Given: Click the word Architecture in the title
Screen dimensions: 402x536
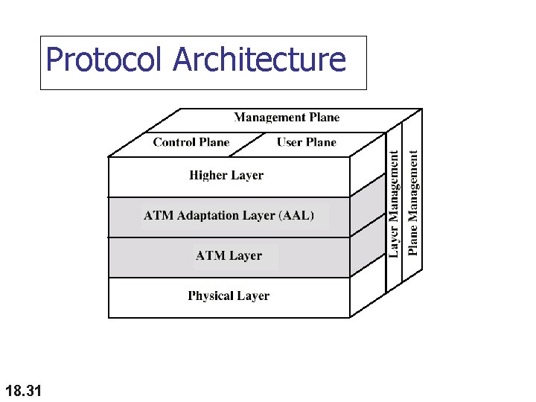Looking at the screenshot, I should [x=260, y=60].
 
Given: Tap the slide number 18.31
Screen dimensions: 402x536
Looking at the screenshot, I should [x=23, y=390].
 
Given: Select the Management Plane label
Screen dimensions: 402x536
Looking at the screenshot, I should [x=287, y=117].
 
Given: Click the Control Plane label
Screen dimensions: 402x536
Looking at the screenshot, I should [x=191, y=142].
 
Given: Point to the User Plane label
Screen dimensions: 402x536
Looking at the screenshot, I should [x=306, y=142].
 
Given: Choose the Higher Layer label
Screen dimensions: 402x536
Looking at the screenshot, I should [x=226, y=176].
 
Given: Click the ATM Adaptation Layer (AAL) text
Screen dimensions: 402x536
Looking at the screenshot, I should [x=229, y=216].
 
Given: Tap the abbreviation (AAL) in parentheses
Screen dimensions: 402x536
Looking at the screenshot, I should [x=296, y=216].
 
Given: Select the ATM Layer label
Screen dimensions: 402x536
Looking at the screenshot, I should [x=229, y=255].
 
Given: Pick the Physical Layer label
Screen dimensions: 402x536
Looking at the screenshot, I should [x=229, y=296].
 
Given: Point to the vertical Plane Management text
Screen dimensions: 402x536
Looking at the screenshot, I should [x=414, y=201].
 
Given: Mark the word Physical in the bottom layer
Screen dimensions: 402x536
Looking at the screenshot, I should [x=211, y=296].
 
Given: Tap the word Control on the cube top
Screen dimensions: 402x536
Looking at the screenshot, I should [x=176, y=142].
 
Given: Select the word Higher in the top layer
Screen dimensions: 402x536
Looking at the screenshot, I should [x=208, y=176].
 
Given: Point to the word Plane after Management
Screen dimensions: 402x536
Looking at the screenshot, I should [x=323, y=117].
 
